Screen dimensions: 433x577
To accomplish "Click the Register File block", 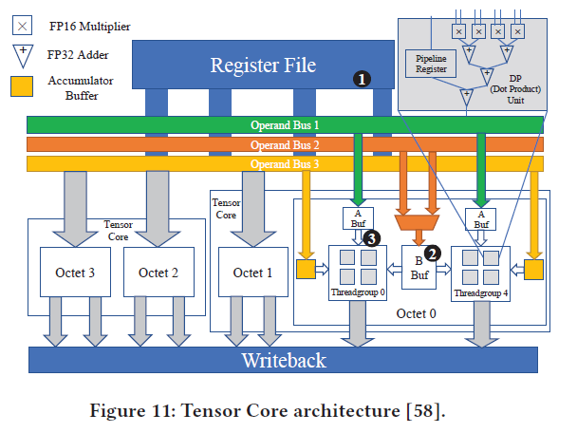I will tap(263, 66).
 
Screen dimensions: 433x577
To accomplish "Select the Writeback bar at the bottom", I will tap(283, 360).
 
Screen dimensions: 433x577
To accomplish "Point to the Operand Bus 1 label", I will tap(285, 124).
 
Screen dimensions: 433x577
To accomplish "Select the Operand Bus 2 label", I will tap(285, 144).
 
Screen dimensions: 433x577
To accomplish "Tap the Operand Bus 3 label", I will tap(285, 163).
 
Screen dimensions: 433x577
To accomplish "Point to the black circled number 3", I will tap(373, 238).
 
